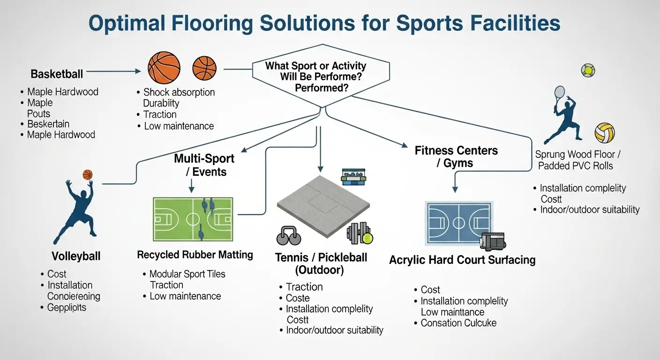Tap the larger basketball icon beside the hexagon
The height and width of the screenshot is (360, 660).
pos(164,67)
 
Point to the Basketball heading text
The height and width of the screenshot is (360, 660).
pos(57,74)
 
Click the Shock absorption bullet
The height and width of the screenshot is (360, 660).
pos(179,92)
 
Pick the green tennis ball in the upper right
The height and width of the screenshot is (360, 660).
pos(588,70)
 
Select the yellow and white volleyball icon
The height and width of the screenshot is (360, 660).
pos(604,133)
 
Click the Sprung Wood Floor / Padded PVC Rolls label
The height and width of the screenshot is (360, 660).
pos(575,160)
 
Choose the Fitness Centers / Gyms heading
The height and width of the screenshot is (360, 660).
pos(456,157)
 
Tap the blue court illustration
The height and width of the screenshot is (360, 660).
pos(458,223)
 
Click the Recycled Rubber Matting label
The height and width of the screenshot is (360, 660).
pos(195,255)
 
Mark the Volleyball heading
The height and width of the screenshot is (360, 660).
pos(76,256)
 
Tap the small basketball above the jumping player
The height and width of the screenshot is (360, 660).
pos(88,175)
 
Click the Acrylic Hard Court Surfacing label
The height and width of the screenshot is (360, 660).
pos(462,260)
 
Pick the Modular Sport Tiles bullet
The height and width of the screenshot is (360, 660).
pos(187,274)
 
